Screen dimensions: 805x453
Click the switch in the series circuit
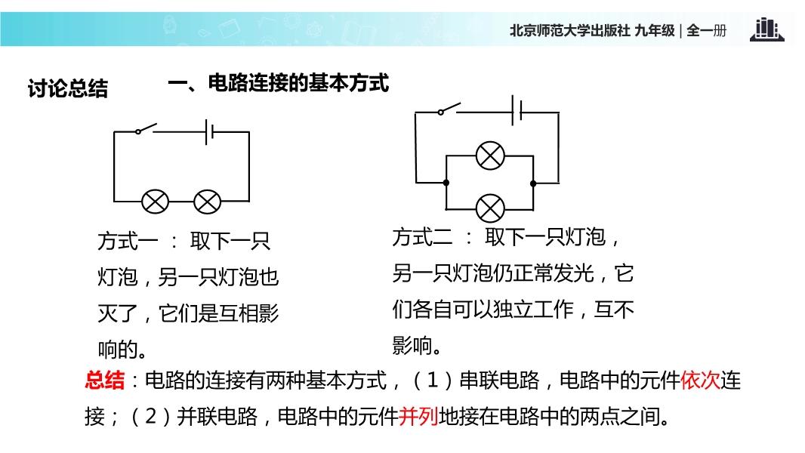click(146, 128)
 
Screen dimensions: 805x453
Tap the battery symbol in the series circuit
click(209, 132)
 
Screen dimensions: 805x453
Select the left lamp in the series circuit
click(155, 202)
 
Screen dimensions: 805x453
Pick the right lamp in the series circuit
click(208, 202)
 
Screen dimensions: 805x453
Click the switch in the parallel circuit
click(449, 108)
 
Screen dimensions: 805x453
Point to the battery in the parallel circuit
click(517, 110)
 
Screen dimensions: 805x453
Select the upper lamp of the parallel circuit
click(490, 156)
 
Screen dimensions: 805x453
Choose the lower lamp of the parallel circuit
click(490, 208)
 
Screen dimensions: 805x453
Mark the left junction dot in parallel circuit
click(446, 183)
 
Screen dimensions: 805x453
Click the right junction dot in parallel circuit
click(533, 183)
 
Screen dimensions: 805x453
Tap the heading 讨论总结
click(68, 88)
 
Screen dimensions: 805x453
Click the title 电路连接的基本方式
click(298, 83)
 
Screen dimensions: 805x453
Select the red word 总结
click(105, 381)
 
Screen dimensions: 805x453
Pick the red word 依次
click(700, 381)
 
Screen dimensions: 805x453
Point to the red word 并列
click(418, 416)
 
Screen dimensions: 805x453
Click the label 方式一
click(128, 241)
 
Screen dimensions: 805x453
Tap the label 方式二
click(423, 237)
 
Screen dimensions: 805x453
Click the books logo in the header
click(766, 29)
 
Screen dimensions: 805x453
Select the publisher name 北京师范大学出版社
click(570, 31)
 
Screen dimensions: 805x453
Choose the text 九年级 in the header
click(655, 31)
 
